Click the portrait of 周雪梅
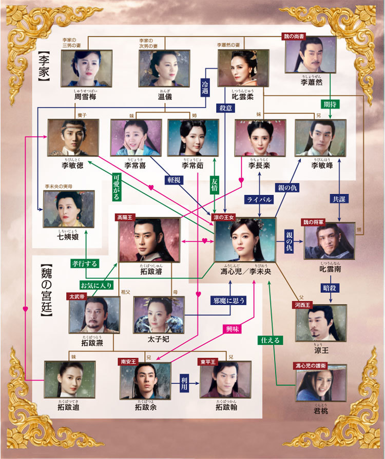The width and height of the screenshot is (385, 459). pyautogui.click(x=86, y=68)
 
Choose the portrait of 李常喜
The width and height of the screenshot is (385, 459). pyautogui.click(x=136, y=137)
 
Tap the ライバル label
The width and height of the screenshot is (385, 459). pyautogui.click(x=259, y=199)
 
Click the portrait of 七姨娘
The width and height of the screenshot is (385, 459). pyautogui.click(x=68, y=209)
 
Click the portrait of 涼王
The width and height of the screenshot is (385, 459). pyautogui.click(x=321, y=323)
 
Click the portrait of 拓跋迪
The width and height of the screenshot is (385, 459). pyautogui.click(x=69, y=379)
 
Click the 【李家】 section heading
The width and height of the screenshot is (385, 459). pyautogui.click(x=43, y=67)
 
